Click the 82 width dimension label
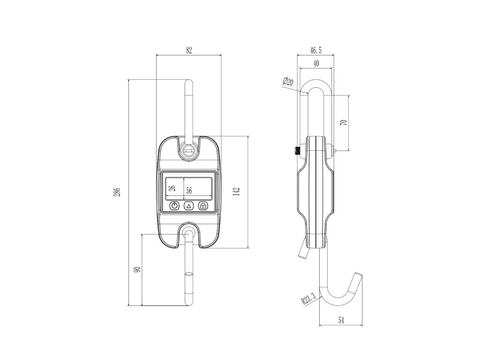click(189, 51)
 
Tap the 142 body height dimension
click(236, 192)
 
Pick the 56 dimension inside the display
click(189, 191)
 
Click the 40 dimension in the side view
click(316, 63)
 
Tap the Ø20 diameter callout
click(288, 82)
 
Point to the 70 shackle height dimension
click(344, 122)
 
